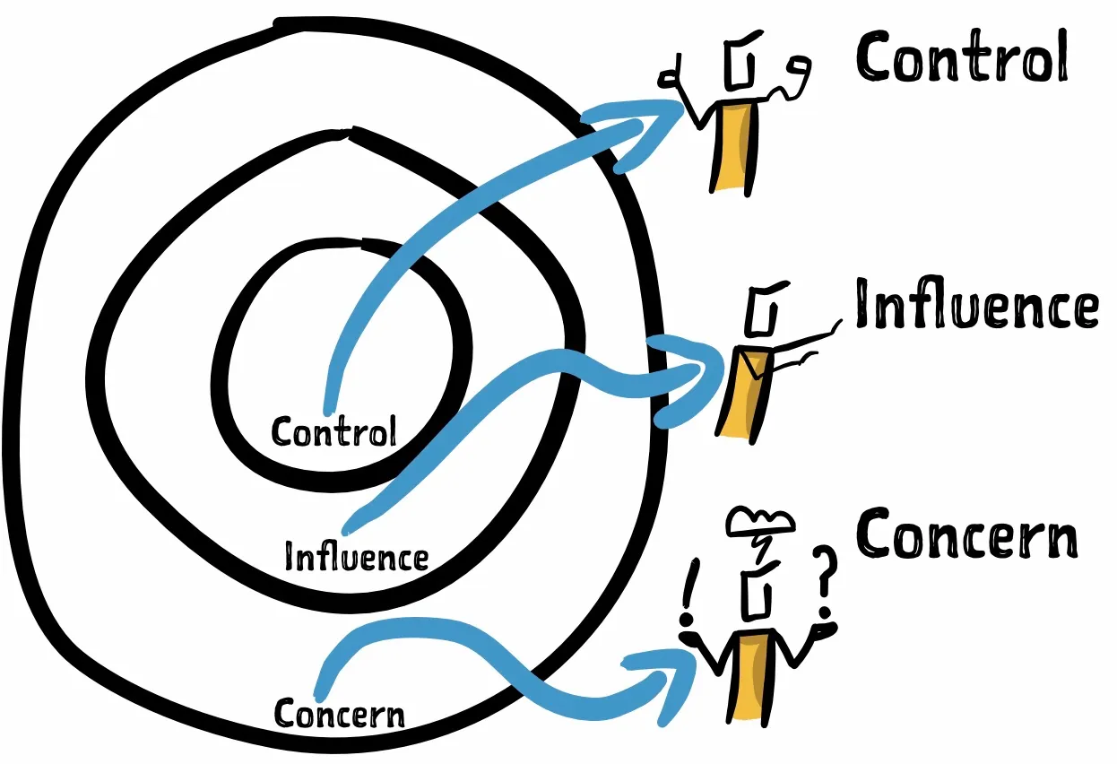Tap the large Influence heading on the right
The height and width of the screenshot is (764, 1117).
[x=976, y=306]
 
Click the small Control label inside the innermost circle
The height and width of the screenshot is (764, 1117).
[x=333, y=432]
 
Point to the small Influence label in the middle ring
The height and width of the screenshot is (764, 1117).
[x=356, y=557]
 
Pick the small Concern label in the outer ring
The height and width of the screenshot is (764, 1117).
[x=339, y=714]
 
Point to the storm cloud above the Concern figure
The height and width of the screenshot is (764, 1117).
[x=760, y=520]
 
